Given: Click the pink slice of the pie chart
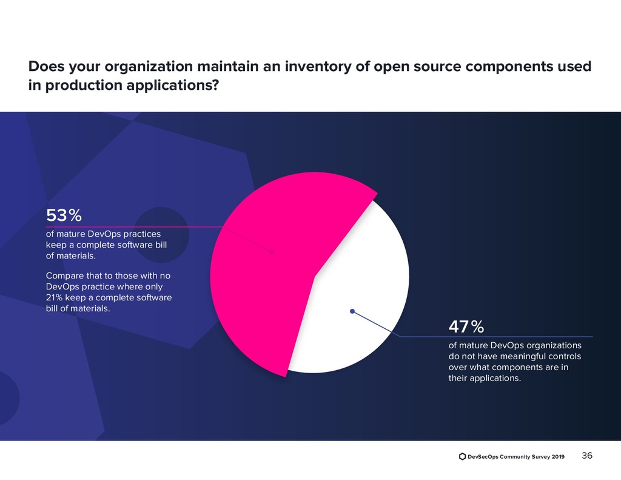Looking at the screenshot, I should pos(261,273).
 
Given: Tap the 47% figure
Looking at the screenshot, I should pos(466,327).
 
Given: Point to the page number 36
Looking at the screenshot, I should pos(587,456).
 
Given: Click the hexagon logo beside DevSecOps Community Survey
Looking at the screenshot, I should pos(462,456).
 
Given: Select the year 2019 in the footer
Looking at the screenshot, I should pos(557,456).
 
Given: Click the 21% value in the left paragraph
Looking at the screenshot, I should pos(55,297).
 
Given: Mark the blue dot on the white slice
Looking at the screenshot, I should pos(352,311).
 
